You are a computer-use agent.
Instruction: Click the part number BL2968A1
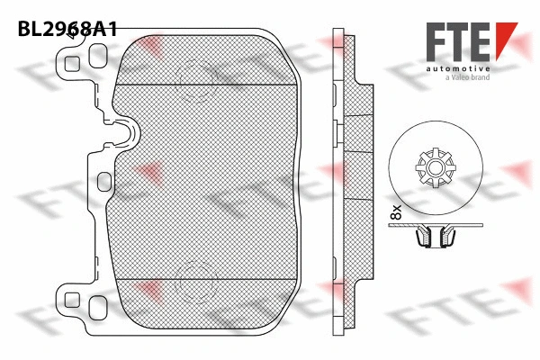pos(67,29)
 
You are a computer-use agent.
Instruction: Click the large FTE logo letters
pos(458,42)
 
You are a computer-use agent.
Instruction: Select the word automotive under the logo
pos(458,68)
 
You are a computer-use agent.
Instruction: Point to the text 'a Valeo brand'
pos(467,77)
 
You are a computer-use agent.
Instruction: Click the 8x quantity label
pos(396,212)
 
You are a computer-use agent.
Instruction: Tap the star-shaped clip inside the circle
pos(436,167)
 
